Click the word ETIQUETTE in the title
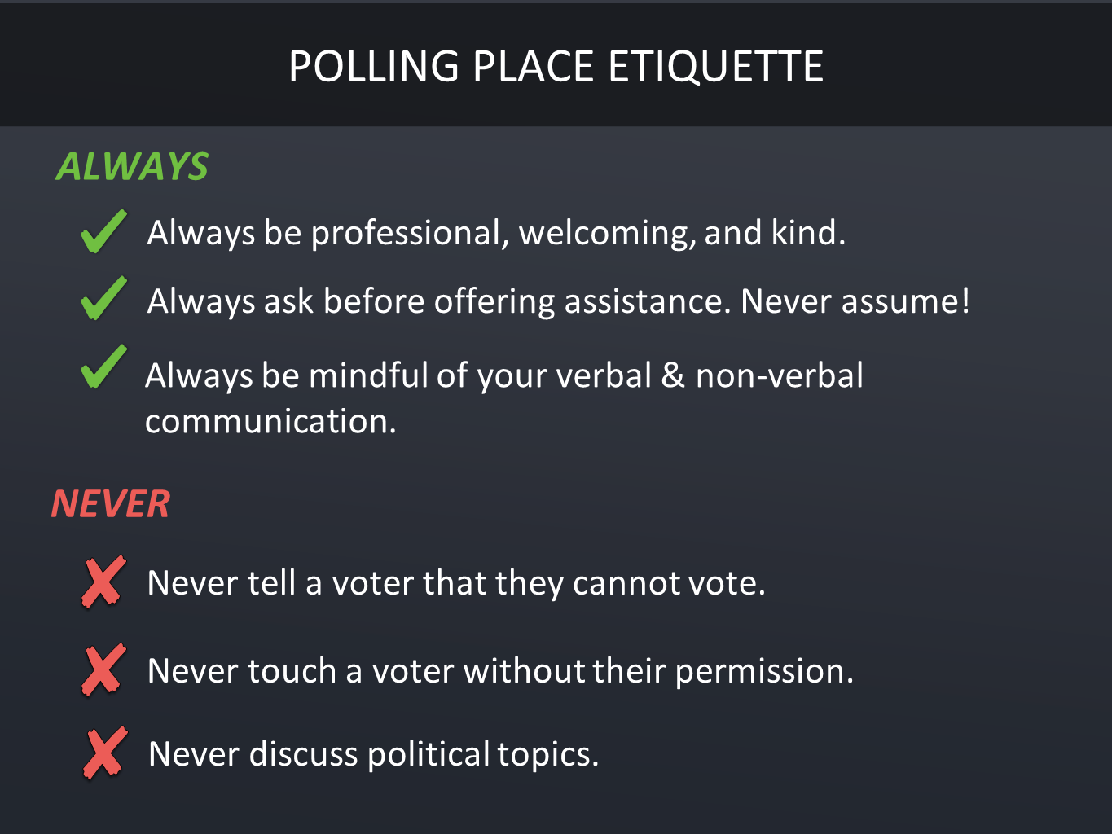(715, 66)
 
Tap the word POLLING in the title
(374, 66)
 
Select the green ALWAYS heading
(132, 166)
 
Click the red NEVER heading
(111, 504)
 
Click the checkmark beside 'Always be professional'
(103, 231)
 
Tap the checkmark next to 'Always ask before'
(103, 298)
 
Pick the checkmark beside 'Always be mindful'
(103, 367)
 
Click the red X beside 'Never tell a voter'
(103, 582)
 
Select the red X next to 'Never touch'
(103, 669)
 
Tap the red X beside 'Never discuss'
(105, 753)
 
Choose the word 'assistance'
(648, 302)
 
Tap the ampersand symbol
(673, 375)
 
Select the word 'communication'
(270, 421)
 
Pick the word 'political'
(429, 755)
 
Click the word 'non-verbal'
(780, 375)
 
